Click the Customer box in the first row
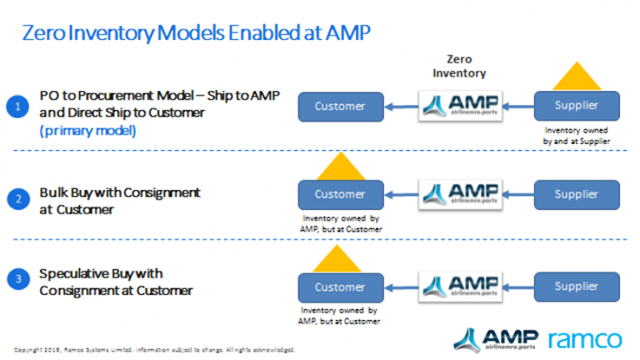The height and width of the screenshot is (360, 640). pyautogui.click(x=339, y=106)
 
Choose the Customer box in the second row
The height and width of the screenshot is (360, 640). pyautogui.click(x=339, y=194)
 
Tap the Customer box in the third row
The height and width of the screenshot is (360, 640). pyautogui.click(x=339, y=287)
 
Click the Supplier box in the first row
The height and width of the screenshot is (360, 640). pyautogui.click(x=577, y=106)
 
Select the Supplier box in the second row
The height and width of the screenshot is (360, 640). pyautogui.click(x=577, y=194)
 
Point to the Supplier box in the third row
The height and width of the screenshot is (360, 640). pyautogui.click(x=577, y=287)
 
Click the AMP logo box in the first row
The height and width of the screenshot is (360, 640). pyautogui.click(x=458, y=106)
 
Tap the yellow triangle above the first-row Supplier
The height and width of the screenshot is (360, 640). pyautogui.click(x=577, y=77)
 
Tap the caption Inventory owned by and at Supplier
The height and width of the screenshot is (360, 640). pyautogui.click(x=577, y=136)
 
